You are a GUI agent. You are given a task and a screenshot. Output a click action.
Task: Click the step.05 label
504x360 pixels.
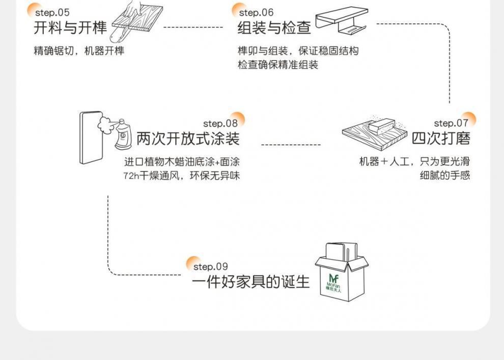click(x=52, y=13)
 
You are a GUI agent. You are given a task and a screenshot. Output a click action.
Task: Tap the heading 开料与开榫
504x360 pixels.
click(x=70, y=27)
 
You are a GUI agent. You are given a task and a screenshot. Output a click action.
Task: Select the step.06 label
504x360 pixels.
click(x=256, y=13)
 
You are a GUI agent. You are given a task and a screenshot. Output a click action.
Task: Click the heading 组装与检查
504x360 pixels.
click(x=274, y=27)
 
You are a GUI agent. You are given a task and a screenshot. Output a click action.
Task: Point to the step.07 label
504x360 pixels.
click(x=451, y=123)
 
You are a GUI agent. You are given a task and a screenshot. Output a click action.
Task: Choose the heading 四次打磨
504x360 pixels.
click(x=441, y=139)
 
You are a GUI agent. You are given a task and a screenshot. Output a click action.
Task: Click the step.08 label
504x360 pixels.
click(x=220, y=123)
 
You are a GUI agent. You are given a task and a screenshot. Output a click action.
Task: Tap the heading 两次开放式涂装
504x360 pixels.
click(x=188, y=139)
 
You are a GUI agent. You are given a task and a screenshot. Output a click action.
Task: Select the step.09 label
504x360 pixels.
click(x=210, y=267)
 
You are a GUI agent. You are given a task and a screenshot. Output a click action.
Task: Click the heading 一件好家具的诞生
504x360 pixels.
click(x=250, y=282)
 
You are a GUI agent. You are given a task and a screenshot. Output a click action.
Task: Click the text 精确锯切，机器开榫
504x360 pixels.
click(x=79, y=51)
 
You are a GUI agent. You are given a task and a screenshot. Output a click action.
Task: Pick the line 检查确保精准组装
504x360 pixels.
click(x=277, y=65)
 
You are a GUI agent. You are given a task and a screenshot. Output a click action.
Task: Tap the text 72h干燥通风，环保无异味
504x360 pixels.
click(x=181, y=176)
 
